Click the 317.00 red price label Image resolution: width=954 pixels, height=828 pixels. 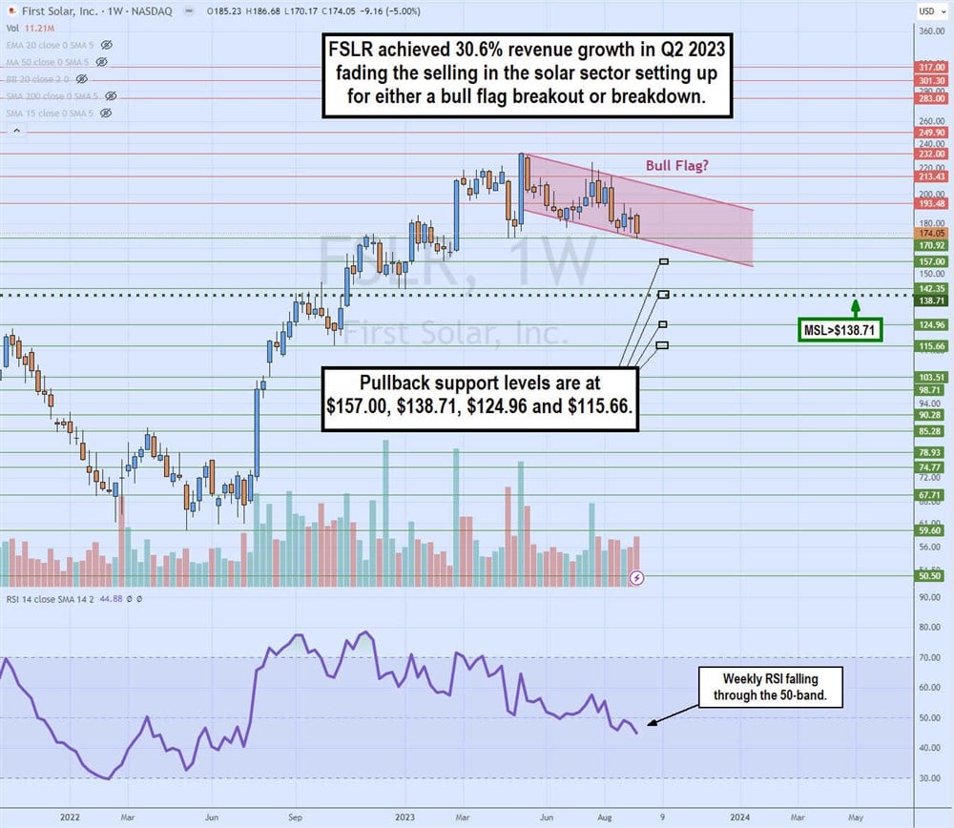click(x=930, y=68)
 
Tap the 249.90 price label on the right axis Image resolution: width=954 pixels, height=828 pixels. click(x=930, y=135)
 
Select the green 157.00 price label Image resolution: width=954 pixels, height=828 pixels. click(x=930, y=261)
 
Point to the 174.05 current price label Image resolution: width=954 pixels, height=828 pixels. click(x=930, y=233)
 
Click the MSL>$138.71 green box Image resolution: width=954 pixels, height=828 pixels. click(x=839, y=331)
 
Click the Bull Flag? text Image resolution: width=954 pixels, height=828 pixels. click(x=677, y=165)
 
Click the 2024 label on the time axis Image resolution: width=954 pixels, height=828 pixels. click(x=739, y=817)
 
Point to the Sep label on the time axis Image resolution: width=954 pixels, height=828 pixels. click(x=295, y=817)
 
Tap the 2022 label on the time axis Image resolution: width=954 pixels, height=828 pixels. click(x=69, y=817)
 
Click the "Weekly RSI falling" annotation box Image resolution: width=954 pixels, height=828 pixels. click(x=771, y=687)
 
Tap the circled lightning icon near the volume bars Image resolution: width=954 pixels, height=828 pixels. click(x=637, y=577)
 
